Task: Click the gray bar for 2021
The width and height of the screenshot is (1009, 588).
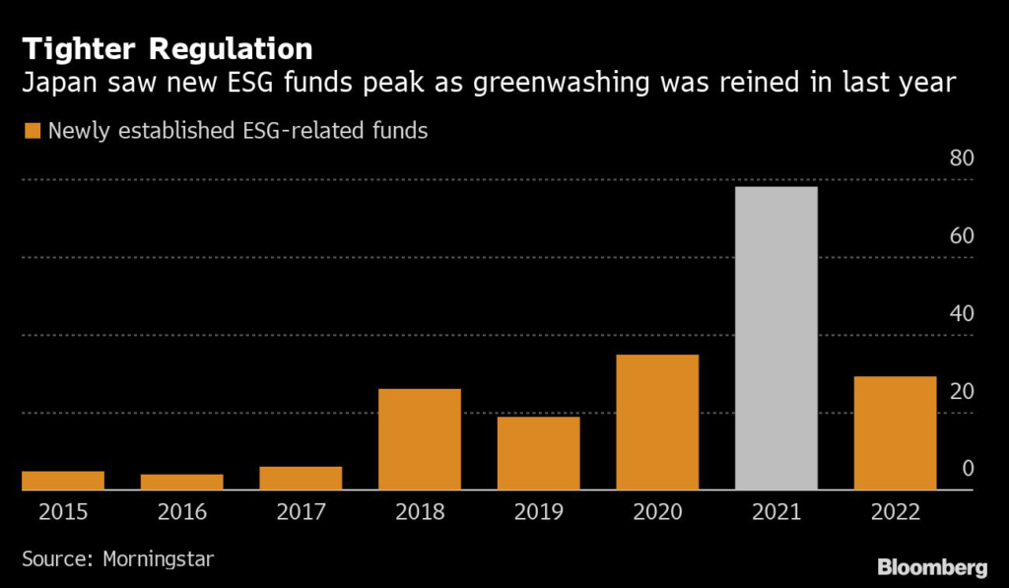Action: click(x=776, y=338)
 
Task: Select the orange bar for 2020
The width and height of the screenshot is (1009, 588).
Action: click(x=657, y=422)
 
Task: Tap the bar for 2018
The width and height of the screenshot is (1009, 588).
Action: click(x=420, y=439)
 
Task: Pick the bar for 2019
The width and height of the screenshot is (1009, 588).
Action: click(x=538, y=453)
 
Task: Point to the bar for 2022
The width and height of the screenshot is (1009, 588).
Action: click(x=895, y=432)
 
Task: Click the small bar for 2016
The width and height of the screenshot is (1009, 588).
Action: click(x=182, y=482)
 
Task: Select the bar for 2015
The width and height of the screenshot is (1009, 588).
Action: click(x=63, y=481)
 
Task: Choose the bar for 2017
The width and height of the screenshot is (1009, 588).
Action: click(x=301, y=478)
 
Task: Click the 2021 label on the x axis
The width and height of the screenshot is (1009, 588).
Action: click(x=776, y=512)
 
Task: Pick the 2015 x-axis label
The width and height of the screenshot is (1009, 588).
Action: click(x=63, y=512)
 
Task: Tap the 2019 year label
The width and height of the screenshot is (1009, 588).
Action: click(x=538, y=512)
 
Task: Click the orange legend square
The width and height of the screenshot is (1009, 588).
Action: click(x=33, y=130)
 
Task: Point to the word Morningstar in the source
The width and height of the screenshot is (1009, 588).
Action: click(x=158, y=558)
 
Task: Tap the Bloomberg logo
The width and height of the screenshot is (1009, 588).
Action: click(x=932, y=566)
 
